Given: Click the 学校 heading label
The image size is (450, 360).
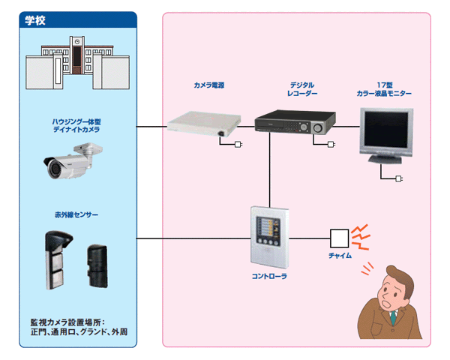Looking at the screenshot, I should coord(35,20).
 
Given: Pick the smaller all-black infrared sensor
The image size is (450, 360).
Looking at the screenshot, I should coord(97,265).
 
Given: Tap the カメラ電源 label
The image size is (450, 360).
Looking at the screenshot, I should coord(208,85).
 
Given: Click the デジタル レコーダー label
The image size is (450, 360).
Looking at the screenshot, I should coord(301,89).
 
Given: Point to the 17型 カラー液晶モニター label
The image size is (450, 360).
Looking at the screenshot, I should coord(384,89).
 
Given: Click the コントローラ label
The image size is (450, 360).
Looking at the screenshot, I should coord(270,276).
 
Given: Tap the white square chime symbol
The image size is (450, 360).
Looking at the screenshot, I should coord(340,238).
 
